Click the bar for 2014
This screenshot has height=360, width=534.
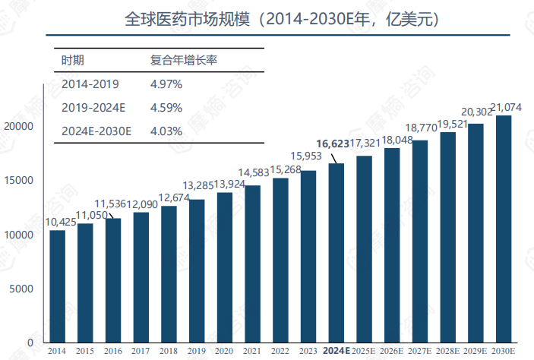coord(58,286)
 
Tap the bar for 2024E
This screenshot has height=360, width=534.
coord(337,253)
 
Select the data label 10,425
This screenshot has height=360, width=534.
coord(61,222)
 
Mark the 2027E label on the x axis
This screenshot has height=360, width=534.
coord(419,351)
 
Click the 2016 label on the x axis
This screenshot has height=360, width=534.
coord(113,351)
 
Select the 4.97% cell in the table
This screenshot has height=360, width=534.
coord(166,84)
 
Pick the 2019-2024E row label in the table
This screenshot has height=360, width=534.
coord(93,107)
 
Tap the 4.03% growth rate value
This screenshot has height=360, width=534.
coord(166,131)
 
